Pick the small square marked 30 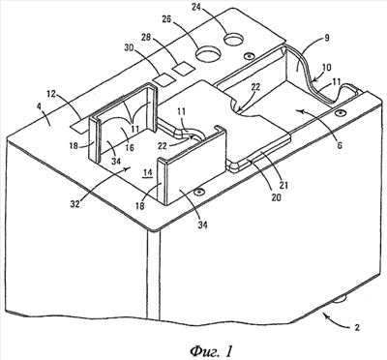click(164, 79)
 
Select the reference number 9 click(326, 39)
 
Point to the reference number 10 click(326, 68)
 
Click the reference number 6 click(339, 145)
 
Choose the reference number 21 click(284, 185)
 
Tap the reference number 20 click(276, 196)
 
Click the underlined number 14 click(148, 172)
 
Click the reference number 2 click(357, 327)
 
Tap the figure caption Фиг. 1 click(211, 350)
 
